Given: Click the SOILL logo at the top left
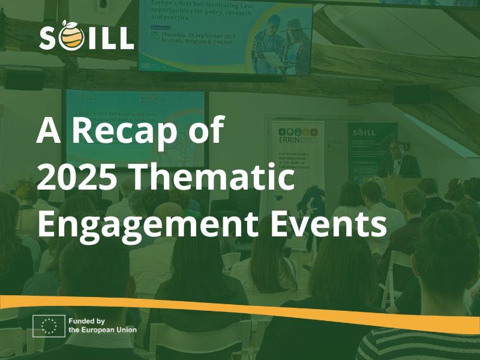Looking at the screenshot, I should point(86,38).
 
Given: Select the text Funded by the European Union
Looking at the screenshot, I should point(102,325).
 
